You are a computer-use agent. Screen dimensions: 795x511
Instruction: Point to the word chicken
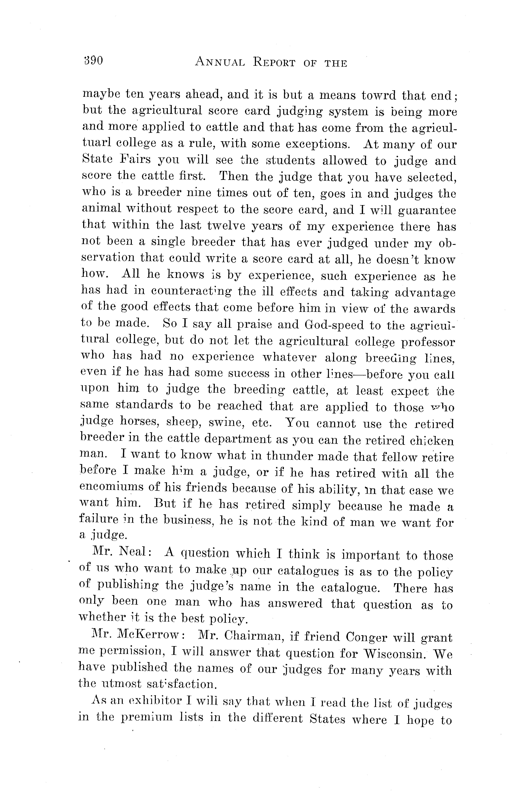[x=431, y=441]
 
